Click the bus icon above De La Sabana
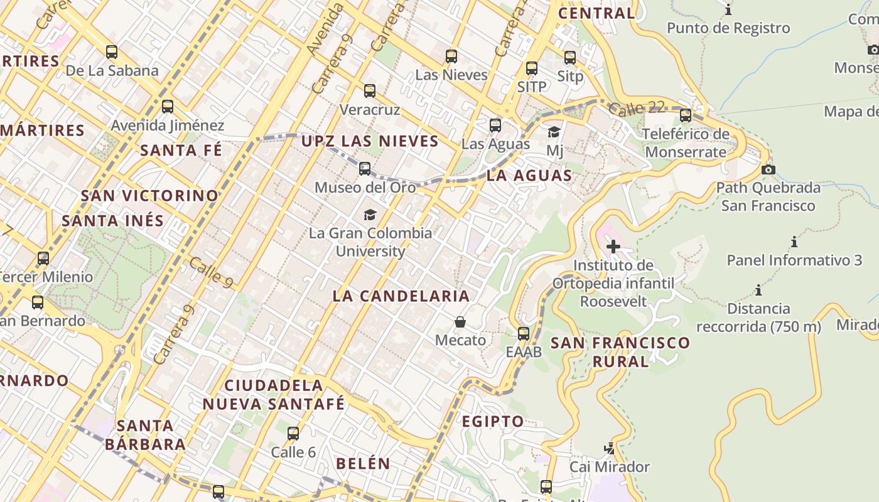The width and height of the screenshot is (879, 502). [x=112, y=52]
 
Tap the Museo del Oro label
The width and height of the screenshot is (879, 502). [x=365, y=187]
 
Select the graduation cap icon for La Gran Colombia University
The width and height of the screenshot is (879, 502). [x=370, y=215]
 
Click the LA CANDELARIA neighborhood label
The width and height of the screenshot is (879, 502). [x=401, y=296]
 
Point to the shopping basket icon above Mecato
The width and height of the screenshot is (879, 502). [x=460, y=322]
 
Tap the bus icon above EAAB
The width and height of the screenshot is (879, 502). [x=524, y=333]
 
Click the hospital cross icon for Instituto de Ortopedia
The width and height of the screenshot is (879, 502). [x=613, y=247]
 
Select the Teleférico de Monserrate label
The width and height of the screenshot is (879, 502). [x=686, y=143]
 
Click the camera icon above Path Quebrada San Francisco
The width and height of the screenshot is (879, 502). [x=768, y=169]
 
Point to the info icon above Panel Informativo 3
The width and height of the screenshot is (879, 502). [x=794, y=242]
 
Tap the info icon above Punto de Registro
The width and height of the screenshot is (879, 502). [x=728, y=10]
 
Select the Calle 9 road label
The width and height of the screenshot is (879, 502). [x=211, y=273]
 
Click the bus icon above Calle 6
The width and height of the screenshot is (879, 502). [x=293, y=433]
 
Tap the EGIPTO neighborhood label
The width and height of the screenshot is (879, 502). [x=493, y=422]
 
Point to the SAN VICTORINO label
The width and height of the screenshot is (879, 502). [x=149, y=196]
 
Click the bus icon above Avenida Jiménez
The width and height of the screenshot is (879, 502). [x=167, y=107]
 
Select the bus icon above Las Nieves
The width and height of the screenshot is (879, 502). [x=451, y=56]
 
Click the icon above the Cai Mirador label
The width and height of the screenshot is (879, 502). [x=609, y=448]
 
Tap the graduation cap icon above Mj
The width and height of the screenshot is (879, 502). [x=554, y=132]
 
